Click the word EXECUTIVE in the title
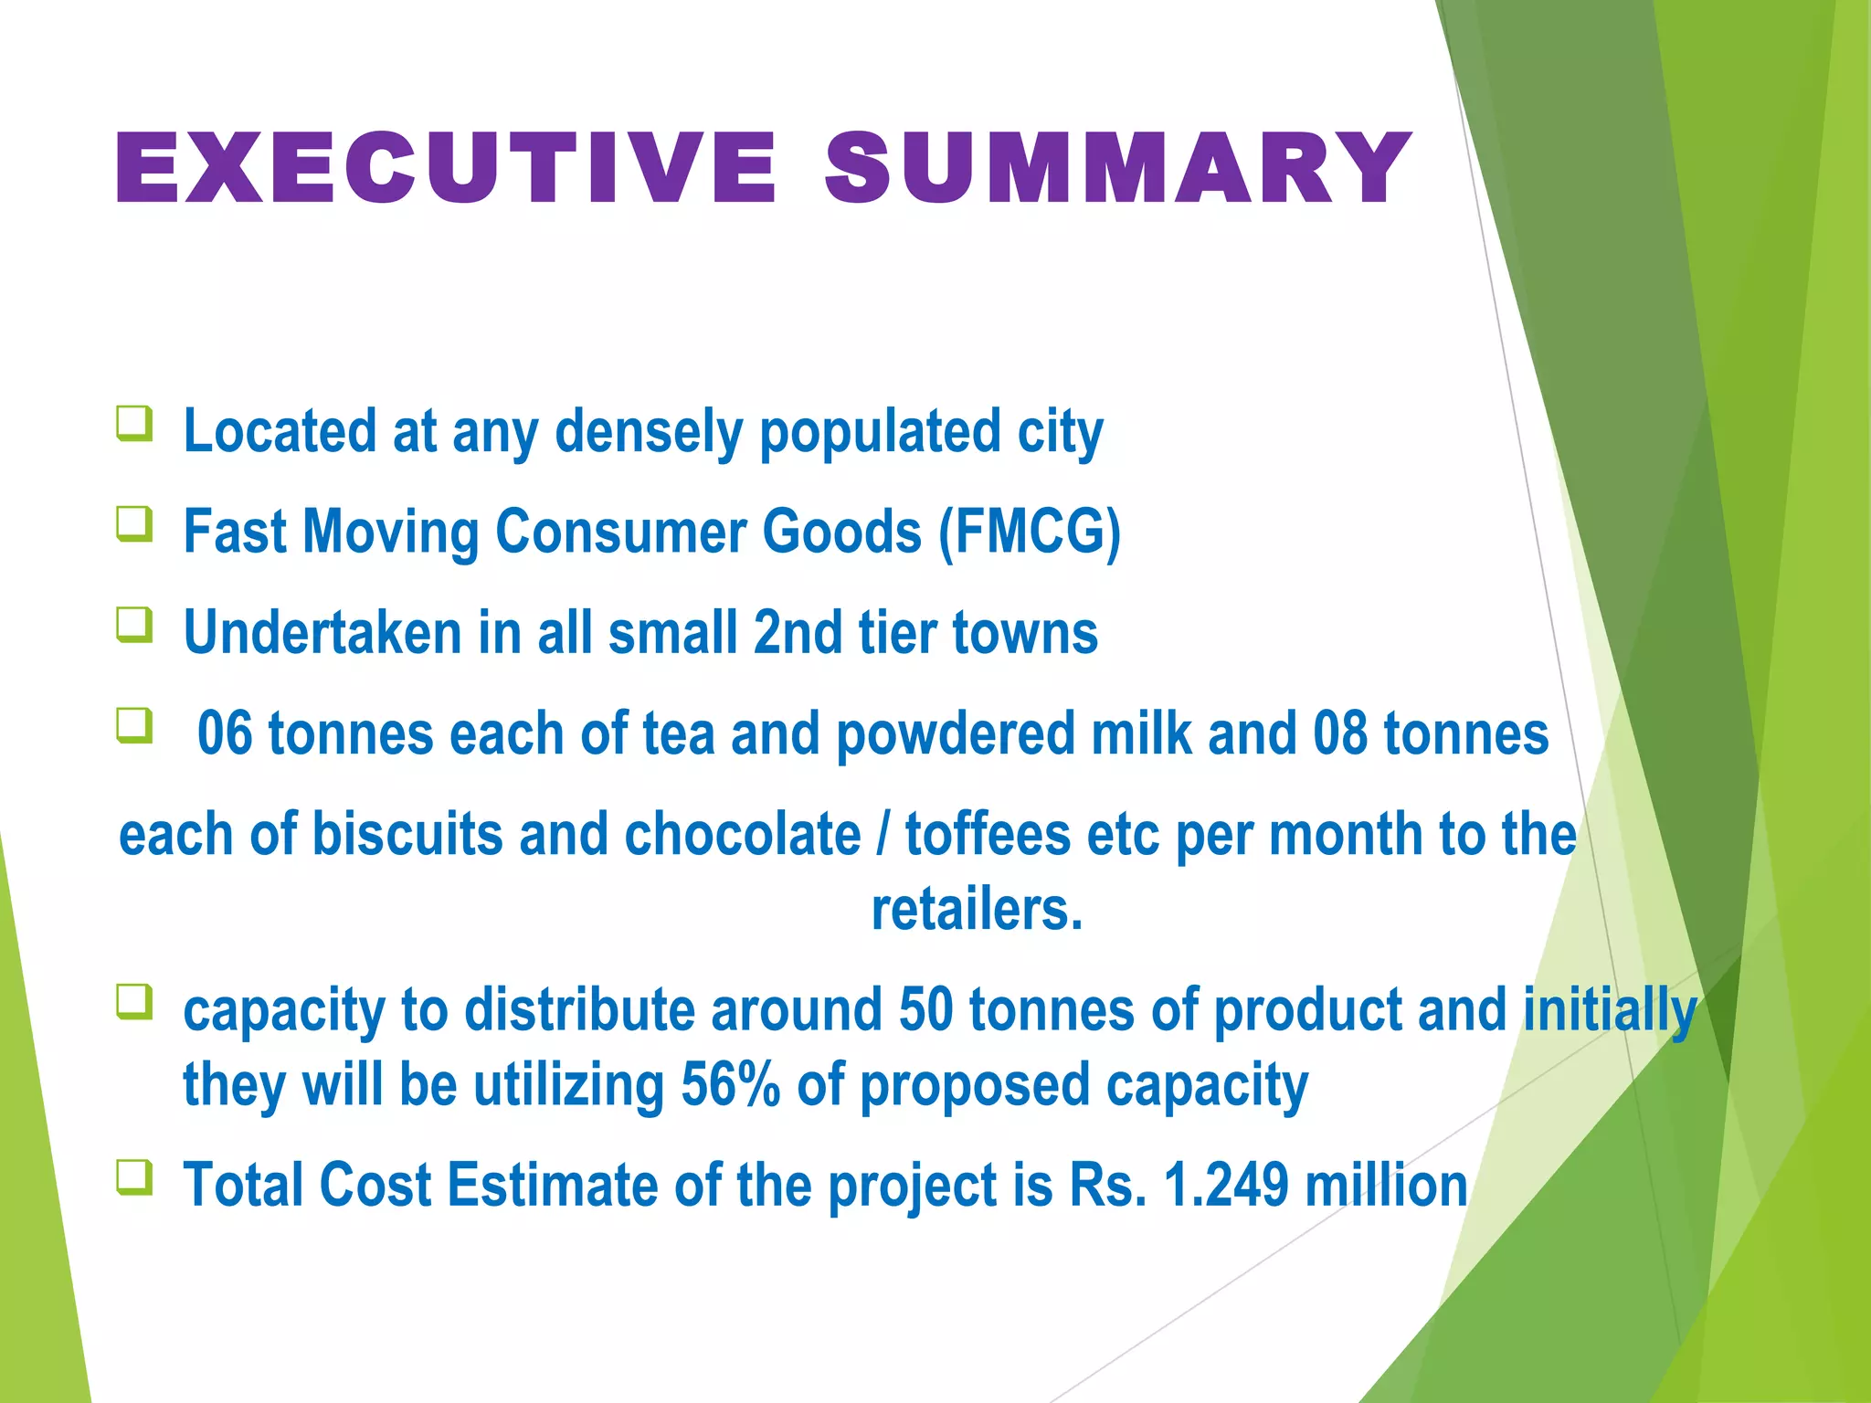click(x=446, y=168)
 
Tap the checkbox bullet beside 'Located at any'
click(x=134, y=424)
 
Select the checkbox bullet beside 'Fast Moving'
click(x=134, y=524)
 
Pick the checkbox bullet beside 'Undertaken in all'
click(x=134, y=626)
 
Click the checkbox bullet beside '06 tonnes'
click(x=134, y=727)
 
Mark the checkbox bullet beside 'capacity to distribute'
click(x=134, y=1002)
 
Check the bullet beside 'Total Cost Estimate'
click(x=134, y=1177)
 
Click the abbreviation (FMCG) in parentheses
click(x=1030, y=533)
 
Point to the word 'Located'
click(x=280, y=431)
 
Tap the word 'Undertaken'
click(x=322, y=633)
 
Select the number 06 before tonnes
click(x=225, y=734)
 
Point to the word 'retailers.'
click(x=977, y=910)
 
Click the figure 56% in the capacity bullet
click(x=730, y=1085)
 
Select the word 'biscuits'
click(x=407, y=835)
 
